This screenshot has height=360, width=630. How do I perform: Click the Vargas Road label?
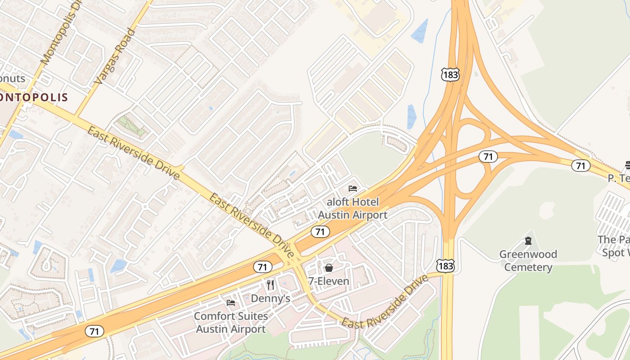coord(115,57)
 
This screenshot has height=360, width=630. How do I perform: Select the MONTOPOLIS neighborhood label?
coord(34,97)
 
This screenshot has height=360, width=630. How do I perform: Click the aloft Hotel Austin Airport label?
coord(352,208)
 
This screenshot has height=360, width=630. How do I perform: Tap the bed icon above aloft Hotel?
coord(353,188)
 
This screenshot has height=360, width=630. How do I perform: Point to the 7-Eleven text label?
coord(328,281)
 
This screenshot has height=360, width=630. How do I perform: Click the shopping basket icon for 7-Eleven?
coord(329,268)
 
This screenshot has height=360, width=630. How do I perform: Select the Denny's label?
coord(270,298)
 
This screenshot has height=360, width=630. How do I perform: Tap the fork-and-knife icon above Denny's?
coord(270,284)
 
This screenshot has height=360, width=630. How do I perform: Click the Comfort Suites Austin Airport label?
coord(231,322)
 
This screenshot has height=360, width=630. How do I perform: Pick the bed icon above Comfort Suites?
coord(231,302)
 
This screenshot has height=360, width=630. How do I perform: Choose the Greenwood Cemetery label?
coord(528,261)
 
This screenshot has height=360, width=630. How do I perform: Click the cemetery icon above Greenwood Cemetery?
coord(528,241)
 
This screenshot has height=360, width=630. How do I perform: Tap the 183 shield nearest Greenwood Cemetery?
coord(445,265)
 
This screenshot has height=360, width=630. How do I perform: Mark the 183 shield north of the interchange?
coord(450,75)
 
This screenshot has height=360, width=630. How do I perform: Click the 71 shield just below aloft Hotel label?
coord(320,232)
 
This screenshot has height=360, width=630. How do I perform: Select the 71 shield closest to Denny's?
coord(262,267)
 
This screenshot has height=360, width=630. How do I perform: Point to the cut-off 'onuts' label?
coord(13,79)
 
